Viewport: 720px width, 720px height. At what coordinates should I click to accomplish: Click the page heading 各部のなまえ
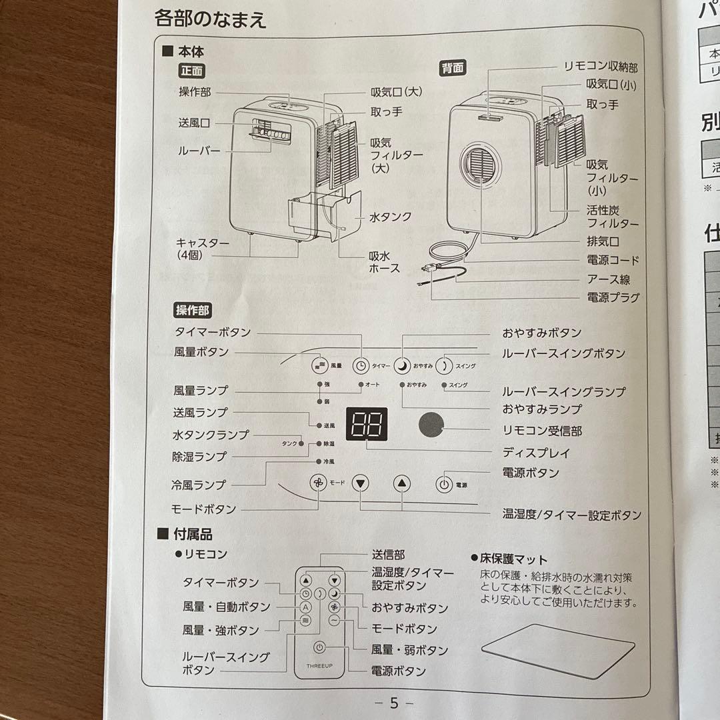(x=211, y=19)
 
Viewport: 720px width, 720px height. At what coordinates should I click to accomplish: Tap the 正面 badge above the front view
(x=192, y=70)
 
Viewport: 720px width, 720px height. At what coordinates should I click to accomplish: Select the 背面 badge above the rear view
(x=453, y=68)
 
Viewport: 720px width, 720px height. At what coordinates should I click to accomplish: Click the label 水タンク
(x=391, y=217)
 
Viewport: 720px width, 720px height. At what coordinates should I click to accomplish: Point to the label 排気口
(x=603, y=241)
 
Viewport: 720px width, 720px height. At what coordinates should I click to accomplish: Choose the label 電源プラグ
(x=613, y=297)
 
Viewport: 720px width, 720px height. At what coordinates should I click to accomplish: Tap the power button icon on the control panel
(x=445, y=484)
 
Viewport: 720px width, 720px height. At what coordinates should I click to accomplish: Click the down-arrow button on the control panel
(x=361, y=483)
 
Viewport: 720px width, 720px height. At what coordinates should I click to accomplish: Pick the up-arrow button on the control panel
(x=401, y=483)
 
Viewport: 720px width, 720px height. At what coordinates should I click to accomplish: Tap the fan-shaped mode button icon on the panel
(x=319, y=483)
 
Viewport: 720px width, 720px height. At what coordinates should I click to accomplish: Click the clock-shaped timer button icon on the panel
(x=361, y=365)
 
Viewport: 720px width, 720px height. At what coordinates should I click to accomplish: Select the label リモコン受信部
(x=542, y=431)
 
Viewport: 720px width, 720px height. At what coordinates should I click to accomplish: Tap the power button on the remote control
(x=320, y=647)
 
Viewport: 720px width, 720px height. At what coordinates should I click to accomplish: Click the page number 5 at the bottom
(x=394, y=703)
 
